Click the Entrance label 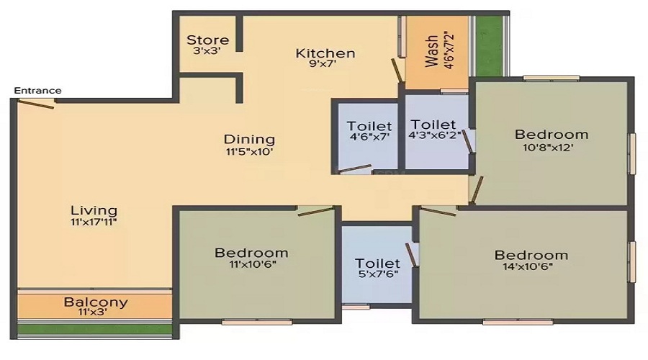coord(37,91)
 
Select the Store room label coord(207,40)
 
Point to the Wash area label coord(431,51)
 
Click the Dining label coord(249,139)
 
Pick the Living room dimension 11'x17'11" coord(94,222)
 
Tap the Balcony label coord(96,302)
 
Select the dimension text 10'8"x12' coord(548,147)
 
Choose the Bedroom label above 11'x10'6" coord(251,252)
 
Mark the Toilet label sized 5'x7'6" coord(377,263)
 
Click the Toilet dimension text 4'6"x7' coord(369,136)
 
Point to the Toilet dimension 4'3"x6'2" coord(434,135)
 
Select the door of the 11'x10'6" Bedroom coord(315,211)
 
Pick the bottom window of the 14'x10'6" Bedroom coord(518,322)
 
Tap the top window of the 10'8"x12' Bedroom coord(551,78)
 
